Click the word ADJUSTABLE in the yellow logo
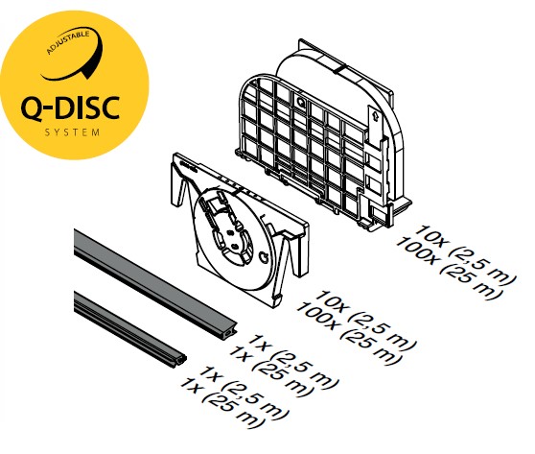tap(68, 42)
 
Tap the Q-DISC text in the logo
tap(70, 108)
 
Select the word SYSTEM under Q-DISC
tap(72, 132)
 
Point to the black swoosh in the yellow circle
tap(78, 59)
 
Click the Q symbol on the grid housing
tap(301, 102)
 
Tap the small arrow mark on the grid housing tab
tap(375, 115)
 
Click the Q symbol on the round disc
tap(264, 257)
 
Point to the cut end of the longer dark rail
tap(228, 331)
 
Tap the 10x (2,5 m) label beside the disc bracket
tap(365, 321)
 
